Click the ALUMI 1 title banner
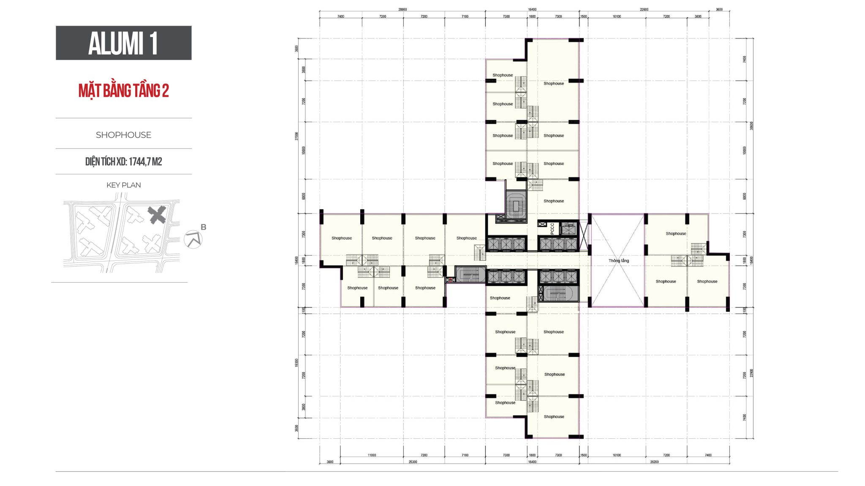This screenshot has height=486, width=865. point(123,43)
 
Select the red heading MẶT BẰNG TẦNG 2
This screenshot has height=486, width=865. point(123,91)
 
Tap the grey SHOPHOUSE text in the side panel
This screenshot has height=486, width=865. point(123,135)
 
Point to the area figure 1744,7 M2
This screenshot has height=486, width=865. point(145,162)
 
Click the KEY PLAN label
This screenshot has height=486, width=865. point(123,185)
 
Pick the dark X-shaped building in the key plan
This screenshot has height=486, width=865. point(157,215)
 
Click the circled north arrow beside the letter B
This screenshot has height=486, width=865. point(193,240)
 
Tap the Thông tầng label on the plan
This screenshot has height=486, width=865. point(618,261)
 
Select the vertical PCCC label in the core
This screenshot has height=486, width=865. point(552,229)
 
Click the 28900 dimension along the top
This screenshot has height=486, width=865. point(403,9)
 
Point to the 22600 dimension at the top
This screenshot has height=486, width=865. point(644,9)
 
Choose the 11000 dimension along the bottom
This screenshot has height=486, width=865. point(372,455)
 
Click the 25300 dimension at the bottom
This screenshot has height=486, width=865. point(413,462)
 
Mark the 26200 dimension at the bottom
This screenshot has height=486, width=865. point(654,462)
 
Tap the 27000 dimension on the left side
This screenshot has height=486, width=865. point(296,136)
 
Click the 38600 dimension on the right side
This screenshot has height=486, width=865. point(751,126)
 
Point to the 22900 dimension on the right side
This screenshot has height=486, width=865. point(751,373)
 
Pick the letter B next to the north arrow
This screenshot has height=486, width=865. point(204,227)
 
